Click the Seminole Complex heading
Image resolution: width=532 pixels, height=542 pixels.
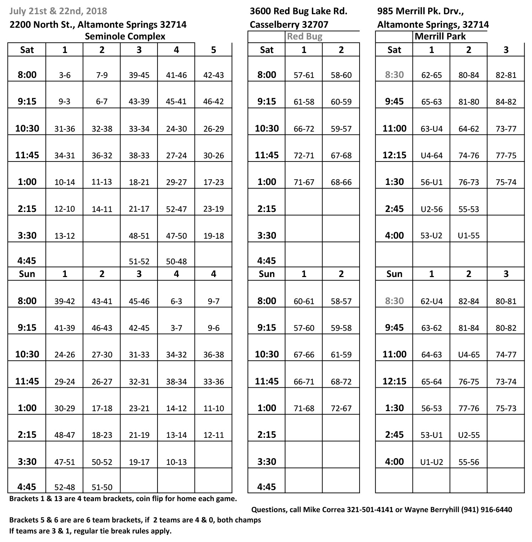pyautogui.click(x=125, y=36)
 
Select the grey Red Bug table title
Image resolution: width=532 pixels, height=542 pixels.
pyautogui.click(x=304, y=36)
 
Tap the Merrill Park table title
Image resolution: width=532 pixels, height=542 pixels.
pyautogui.click(x=440, y=36)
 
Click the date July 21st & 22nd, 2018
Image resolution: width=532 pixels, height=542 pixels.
pyautogui.click(x=58, y=11)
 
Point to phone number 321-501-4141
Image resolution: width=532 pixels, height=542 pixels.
pyautogui.click(x=370, y=510)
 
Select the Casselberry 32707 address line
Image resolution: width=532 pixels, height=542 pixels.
pyautogui.click(x=289, y=25)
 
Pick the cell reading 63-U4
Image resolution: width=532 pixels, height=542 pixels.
pyautogui.click(x=431, y=129)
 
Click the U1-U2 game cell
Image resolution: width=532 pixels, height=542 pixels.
pyautogui.click(x=431, y=462)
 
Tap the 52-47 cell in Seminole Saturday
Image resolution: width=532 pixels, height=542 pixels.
pyautogui.click(x=176, y=209)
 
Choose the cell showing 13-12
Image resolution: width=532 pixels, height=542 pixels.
pyautogui.click(x=64, y=236)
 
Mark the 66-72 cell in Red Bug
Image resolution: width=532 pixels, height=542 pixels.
pyautogui.click(x=304, y=129)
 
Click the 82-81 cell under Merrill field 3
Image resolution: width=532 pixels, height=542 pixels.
pyautogui.click(x=506, y=75)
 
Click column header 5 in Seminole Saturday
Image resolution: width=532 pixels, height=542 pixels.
pyautogui.click(x=213, y=50)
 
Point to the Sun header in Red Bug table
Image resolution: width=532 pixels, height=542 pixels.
pyautogui.click(x=266, y=274)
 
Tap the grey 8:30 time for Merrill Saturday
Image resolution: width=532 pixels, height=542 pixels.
pyautogui.click(x=394, y=75)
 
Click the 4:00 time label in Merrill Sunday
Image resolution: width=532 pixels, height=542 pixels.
pyautogui.click(x=394, y=462)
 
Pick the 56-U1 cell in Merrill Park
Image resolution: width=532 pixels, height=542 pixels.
pyautogui.click(x=431, y=182)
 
